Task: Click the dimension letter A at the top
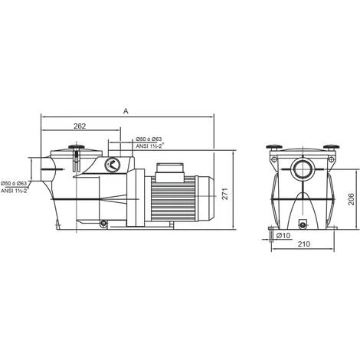coord(125,111)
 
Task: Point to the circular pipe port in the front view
coord(303,168)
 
